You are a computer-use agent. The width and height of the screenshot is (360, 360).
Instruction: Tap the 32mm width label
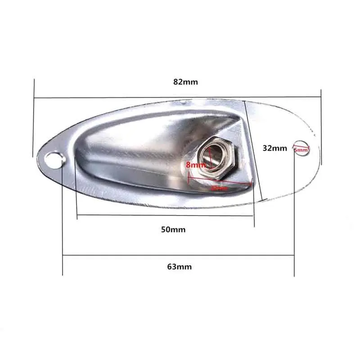coord(274,148)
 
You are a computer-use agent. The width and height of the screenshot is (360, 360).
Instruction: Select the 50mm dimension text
coord(173,229)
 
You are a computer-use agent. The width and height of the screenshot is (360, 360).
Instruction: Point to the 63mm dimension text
coord(179,266)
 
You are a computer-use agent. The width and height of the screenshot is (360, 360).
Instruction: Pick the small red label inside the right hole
coord(301,149)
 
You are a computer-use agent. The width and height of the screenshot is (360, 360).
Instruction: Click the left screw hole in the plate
coord(54,159)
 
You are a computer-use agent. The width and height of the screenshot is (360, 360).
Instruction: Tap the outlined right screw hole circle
coord(301,149)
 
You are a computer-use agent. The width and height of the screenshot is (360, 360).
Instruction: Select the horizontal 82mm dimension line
coord(135,98)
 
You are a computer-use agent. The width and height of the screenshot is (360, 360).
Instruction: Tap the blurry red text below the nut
coord(220,189)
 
